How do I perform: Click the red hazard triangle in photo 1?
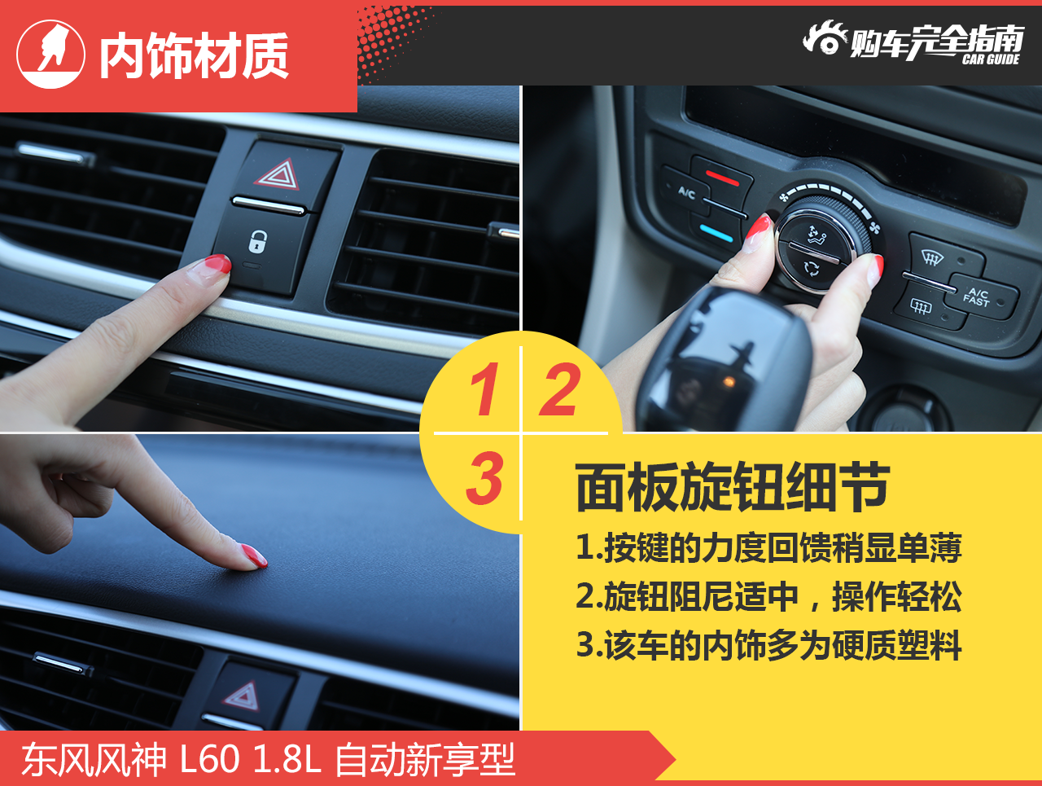[x=278, y=175]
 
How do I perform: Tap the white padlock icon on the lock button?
[x=258, y=241]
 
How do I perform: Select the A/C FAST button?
[x=977, y=297]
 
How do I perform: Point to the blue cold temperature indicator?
[x=717, y=233]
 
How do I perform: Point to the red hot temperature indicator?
[x=722, y=178]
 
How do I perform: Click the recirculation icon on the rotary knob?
[x=811, y=268]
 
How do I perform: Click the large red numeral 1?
[x=485, y=389]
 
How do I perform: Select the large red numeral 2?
[x=560, y=389]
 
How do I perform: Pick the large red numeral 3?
[x=484, y=477]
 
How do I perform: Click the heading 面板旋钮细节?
[x=733, y=487]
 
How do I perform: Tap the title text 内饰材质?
[x=194, y=55]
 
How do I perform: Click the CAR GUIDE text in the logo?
[x=991, y=59]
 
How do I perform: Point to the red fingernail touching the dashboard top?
[x=255, y=555]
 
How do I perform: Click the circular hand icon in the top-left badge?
[x=50, y=54]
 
